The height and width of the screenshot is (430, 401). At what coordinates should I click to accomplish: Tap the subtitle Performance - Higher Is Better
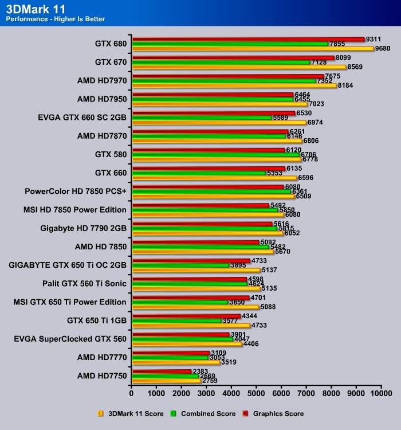[x=55, y=19]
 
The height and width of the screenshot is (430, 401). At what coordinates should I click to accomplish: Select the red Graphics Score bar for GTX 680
[x=248, y=39]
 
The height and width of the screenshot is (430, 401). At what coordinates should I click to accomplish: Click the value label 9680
[x=383, y=49]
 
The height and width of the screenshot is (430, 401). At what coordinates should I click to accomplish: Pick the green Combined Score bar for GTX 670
[x=221, y=62]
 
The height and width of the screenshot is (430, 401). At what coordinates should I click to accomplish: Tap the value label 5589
[x=282, y=118]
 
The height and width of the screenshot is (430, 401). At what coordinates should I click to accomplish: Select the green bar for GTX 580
[x=215, y=154]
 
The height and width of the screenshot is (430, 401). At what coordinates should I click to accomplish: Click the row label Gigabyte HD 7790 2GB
[x=83, y=228]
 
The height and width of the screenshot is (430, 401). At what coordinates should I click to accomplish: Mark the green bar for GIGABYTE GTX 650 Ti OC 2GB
[x=180, y=265]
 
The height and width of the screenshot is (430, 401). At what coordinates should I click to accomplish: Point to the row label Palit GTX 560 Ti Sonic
[x=84, y=283]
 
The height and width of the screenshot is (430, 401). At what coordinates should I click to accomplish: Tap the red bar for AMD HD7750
[x=161, y=372]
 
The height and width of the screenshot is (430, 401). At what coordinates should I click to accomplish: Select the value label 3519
[x=228, y=362]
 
